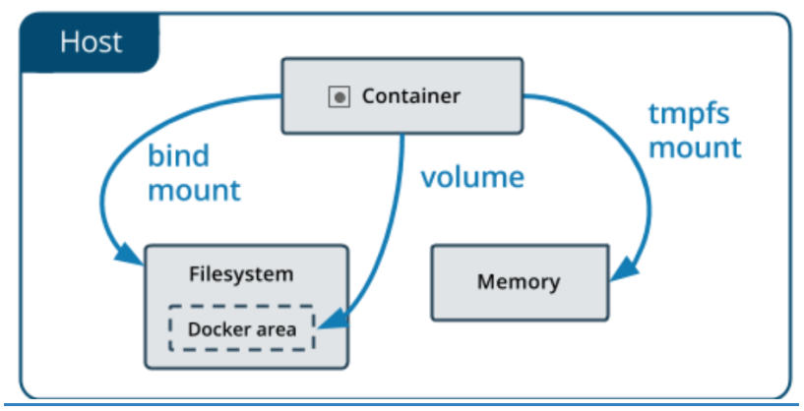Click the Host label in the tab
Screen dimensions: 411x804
coord(91,42)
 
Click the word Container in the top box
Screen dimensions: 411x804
coord(410,96)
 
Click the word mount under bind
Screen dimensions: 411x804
coord(194,189)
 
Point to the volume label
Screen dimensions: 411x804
coord(472,178)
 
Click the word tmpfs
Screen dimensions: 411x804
coord(689,113)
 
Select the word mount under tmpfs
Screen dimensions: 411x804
coord(695,147)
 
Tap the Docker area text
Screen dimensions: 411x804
coord(241,328)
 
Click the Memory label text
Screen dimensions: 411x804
coord(518,282)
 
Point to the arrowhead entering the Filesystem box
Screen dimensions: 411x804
coord(132,257)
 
